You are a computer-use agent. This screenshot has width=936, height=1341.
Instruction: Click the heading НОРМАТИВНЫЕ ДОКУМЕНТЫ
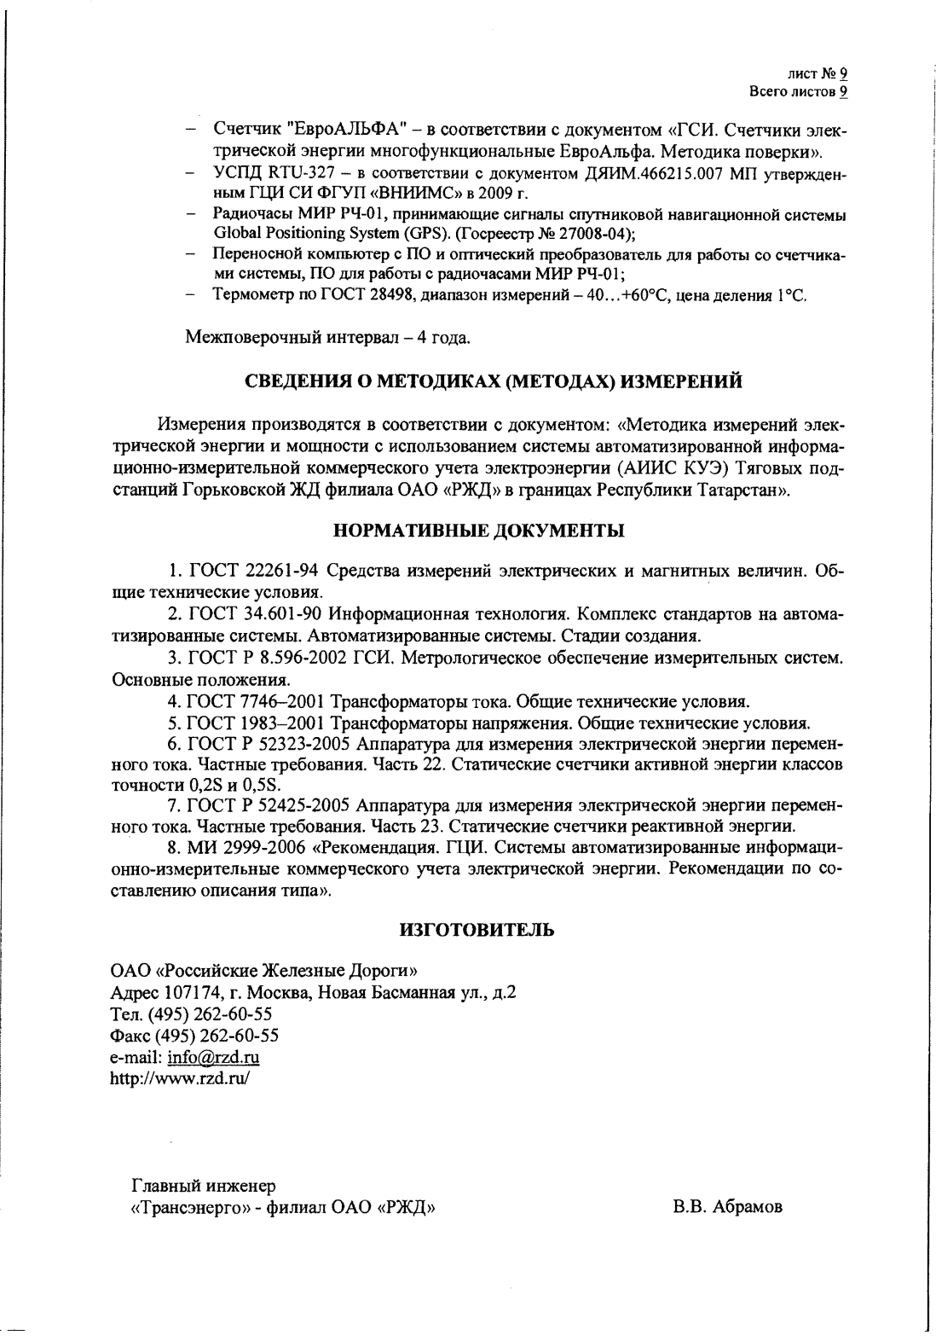coord(478,531)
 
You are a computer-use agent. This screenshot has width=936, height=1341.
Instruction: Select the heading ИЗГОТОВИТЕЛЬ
coord(477,930)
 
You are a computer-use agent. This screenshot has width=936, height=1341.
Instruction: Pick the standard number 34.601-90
coord(286,615)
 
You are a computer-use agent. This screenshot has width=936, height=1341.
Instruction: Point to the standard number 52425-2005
coord(309,806)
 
